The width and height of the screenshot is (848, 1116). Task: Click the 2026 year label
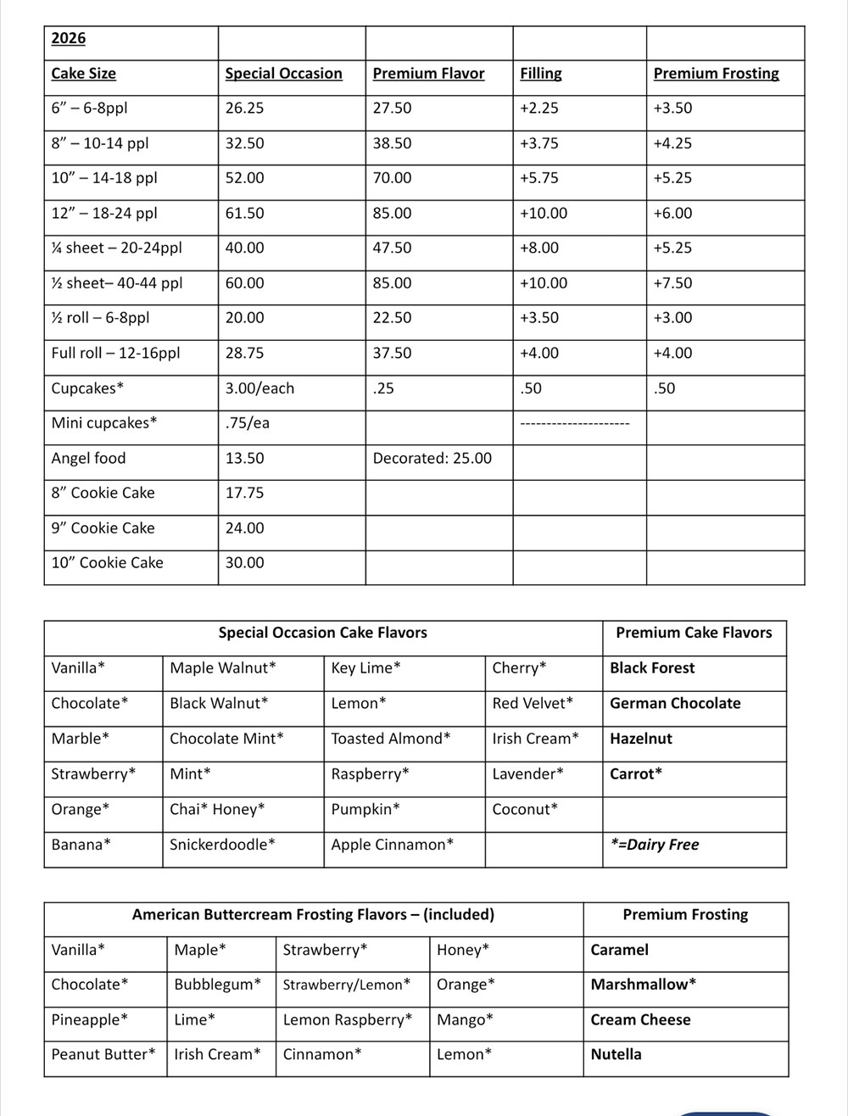coord(69,38)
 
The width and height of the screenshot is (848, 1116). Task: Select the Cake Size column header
coord(83,74)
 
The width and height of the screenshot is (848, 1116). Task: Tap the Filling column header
coord(541,74)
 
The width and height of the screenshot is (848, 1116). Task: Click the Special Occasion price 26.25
coord(244,109)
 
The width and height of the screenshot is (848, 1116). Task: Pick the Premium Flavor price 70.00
coord(392,178)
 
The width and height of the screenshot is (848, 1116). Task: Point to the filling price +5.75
coord(538,178)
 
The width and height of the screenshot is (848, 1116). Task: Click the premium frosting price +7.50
coord(672,283)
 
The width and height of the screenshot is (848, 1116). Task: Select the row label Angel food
coord(88,459)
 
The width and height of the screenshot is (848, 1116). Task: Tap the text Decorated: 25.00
coord(432,459)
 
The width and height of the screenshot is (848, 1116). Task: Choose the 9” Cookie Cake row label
coord(103,528)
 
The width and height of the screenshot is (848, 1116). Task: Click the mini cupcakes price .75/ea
coord(248,423)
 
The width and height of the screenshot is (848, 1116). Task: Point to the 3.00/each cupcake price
coord(259,388)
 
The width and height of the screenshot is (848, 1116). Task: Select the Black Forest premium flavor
coord(652,668)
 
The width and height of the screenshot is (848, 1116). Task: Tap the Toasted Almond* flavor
coord(391,739)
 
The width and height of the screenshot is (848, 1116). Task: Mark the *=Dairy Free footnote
coord(655,845)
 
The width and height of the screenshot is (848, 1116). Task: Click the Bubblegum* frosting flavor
coord(217,985)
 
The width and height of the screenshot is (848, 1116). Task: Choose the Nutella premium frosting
coord(616,1055)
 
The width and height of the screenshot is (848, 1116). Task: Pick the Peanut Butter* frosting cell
coord(103,1055)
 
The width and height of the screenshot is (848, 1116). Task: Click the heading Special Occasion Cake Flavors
coord(322,633)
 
